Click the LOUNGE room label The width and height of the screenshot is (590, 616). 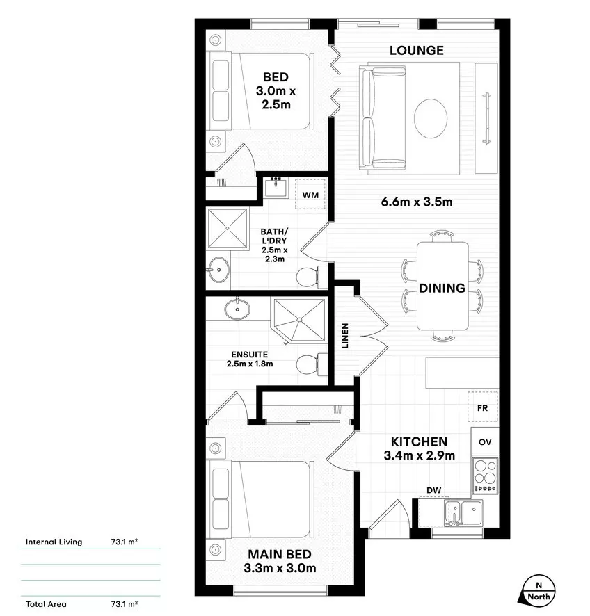(x=416, y=50)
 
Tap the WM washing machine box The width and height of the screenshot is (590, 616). (x=310, y=195)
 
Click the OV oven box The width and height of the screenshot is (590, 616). (x=485, y=441)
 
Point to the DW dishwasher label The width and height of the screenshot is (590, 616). (x=434, y=490)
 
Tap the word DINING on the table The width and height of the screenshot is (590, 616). (x=442, y=288)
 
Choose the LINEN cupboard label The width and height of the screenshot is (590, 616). (x=345, y=336)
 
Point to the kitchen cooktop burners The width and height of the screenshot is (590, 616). (x=485, y=475)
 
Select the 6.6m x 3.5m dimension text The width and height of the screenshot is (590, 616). (x=417, y=202)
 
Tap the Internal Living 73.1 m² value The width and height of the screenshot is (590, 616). (x=123, y=542)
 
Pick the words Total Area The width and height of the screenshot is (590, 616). (x=46, y=604)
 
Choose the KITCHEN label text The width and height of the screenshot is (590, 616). (x=418, y=441)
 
